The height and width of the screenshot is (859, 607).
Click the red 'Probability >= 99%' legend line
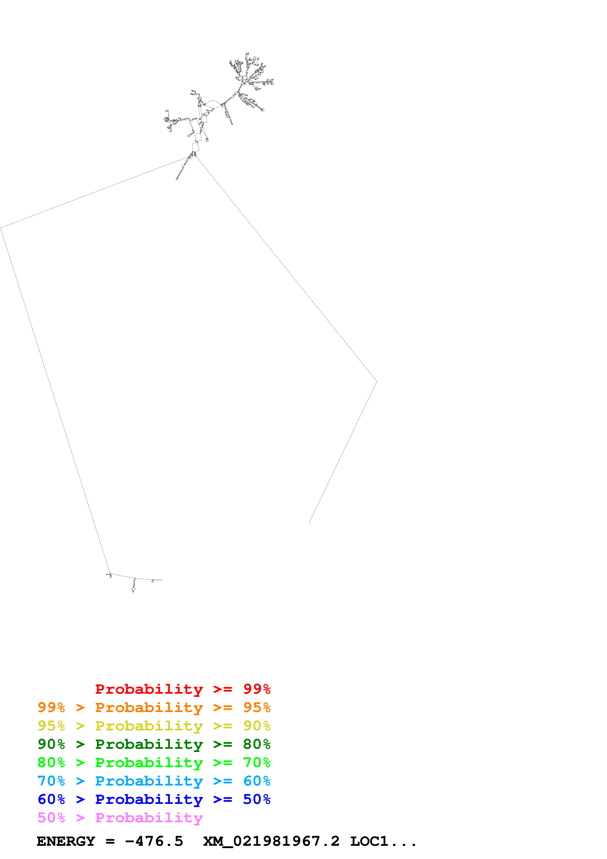[x=182, y=689]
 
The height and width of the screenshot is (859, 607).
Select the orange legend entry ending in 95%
[x=154, y=707]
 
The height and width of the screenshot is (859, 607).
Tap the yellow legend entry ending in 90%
[x=154, y=726]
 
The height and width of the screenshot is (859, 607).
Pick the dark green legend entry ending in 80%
[x=154, y=744]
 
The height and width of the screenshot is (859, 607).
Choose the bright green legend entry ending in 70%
[x=154, y=763]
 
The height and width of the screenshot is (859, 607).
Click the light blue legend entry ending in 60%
[x=154, y=781]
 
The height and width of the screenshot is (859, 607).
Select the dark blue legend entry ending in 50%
[x=154, y=799]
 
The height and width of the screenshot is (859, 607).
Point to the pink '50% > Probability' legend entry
[x=120, y=817]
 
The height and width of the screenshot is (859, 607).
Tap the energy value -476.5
[x=154, y=841]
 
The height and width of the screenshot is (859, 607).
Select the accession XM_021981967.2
[x=271, y=841]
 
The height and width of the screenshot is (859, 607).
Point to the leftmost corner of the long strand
[x=1, y=228]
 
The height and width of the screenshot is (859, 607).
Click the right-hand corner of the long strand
[x=376, y=382]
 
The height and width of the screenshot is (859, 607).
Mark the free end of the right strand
[x=309, y=523]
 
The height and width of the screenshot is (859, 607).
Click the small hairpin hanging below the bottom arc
[x=133, y=588]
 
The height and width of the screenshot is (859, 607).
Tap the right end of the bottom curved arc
[x=162, y=580]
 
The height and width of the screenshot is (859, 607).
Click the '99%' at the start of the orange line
[x=51, y=707]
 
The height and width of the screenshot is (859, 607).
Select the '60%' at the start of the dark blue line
[x=51, y=799]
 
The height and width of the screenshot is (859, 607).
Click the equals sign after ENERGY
[x=110, y=841]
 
